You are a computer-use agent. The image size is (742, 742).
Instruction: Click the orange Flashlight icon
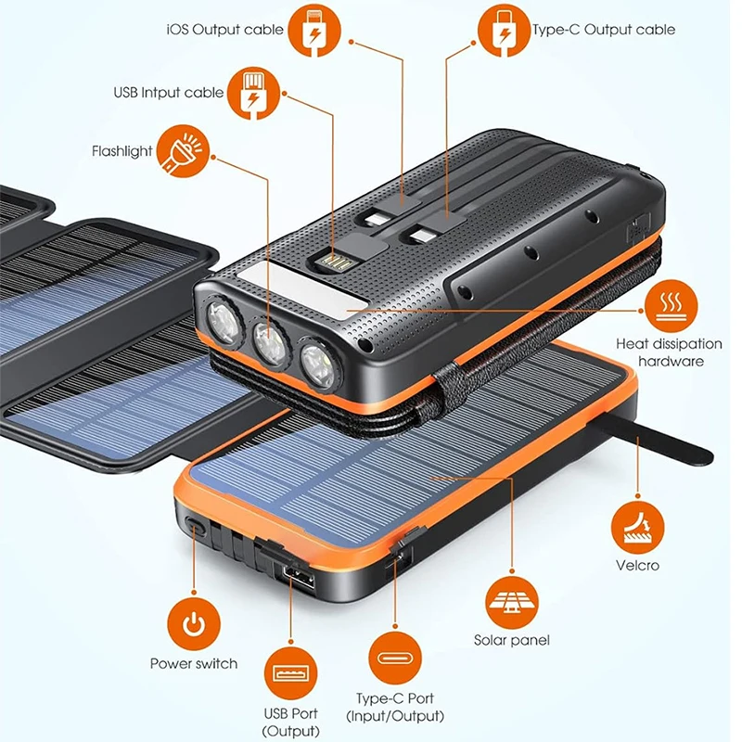pos(180,151)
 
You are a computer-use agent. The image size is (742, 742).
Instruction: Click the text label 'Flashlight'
pos(122,151)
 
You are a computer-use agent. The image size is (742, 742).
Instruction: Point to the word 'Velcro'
pos(637,565)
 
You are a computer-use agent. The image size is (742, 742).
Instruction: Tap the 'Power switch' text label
pos(194,663)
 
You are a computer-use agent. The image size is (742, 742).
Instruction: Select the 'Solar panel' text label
pos(512,640)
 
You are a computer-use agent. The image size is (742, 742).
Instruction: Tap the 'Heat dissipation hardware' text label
pos(660,352)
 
